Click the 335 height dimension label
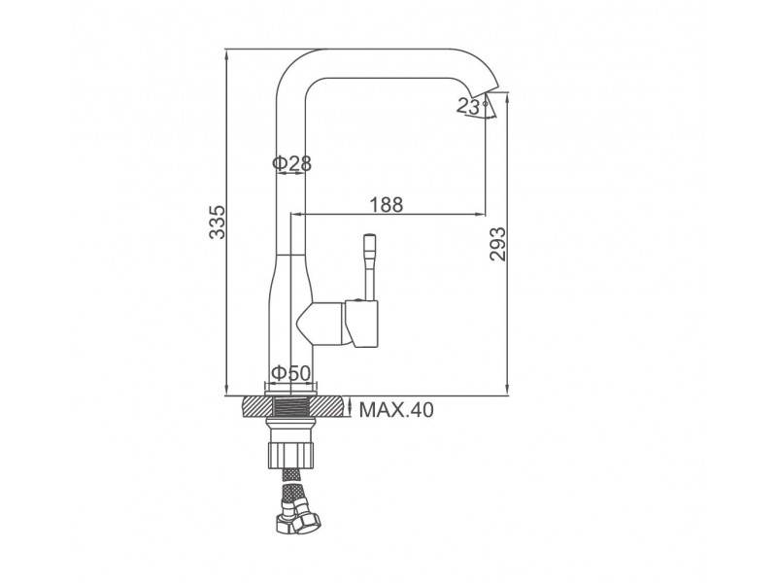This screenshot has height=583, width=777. (x=217, y=222)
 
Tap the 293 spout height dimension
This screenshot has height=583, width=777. (x=497, y=244)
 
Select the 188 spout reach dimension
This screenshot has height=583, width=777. (x=387, y=204)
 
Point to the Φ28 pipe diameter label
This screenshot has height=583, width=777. (x=292, y=162)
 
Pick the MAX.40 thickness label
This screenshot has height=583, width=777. (x=396, y=410)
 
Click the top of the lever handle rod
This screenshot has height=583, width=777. (x=370, y=236)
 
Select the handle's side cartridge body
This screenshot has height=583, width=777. (x=361, y=324)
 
